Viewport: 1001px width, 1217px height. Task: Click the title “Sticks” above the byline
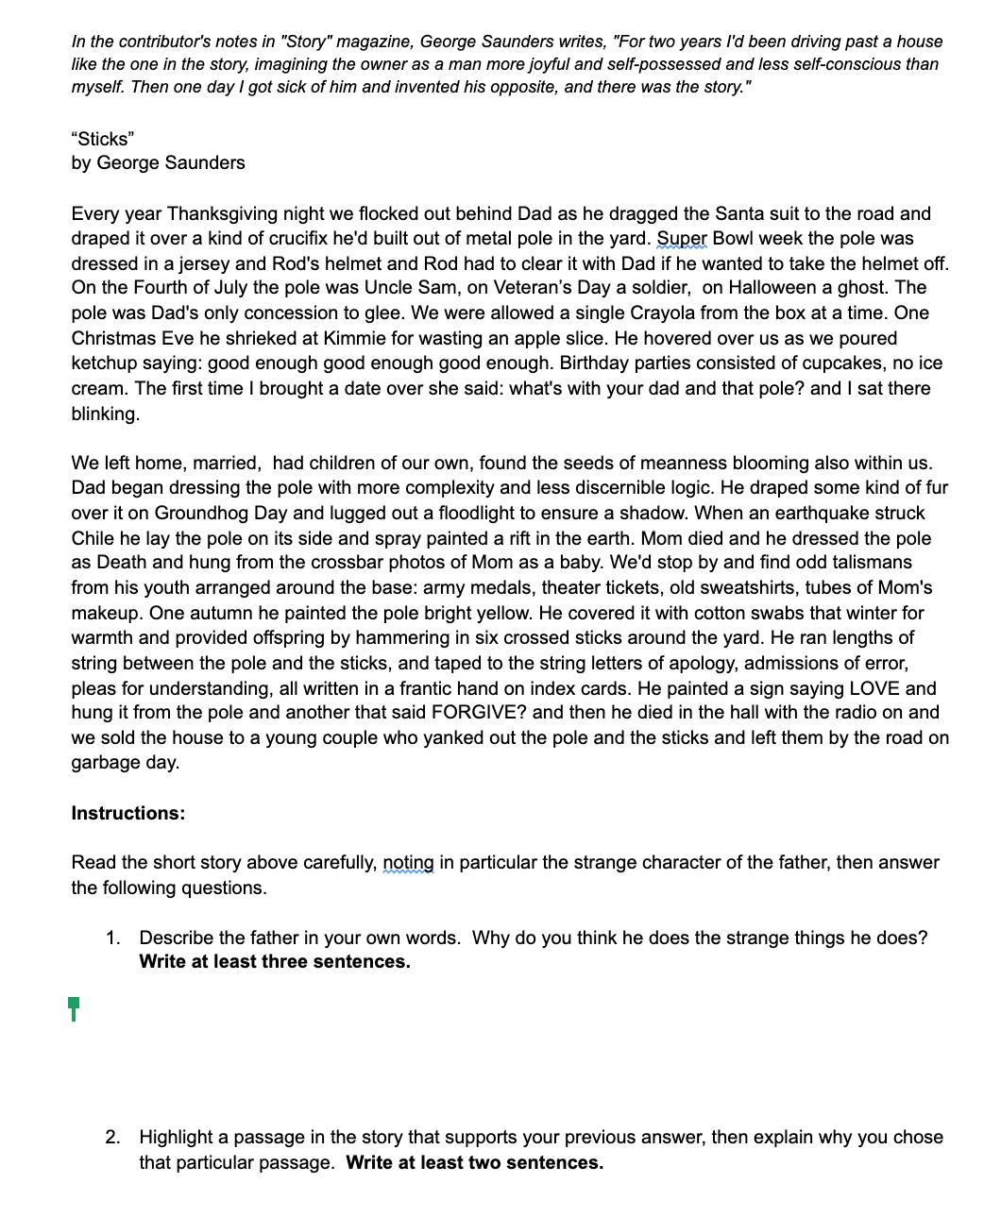(x=103, y=139)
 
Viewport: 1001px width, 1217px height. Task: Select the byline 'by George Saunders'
(x=158, y=162)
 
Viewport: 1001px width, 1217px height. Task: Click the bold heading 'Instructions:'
(x=128, y=813)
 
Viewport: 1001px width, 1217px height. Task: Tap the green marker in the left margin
(x=74, y=1007)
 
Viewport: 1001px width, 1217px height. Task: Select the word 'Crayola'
(x=739, y=313)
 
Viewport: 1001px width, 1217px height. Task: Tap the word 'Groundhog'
(x=199, y=513)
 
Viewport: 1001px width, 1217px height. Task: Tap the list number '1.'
(x=113, y=938)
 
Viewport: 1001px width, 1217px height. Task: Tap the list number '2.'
(x=113, y=1137)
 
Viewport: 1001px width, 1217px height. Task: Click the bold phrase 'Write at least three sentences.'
(x=275, y=961)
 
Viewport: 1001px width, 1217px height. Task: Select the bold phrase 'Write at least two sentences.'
(x=474, y=1162)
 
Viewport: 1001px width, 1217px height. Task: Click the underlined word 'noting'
(x=408, y=862)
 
